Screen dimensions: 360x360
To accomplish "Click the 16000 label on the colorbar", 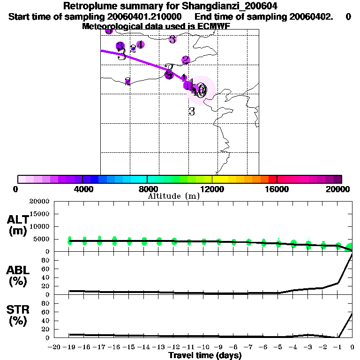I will [x=277, y=189].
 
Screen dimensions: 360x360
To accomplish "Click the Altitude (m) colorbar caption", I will [x=173, y=196].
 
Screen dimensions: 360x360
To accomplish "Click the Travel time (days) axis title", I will [x=205, y=355].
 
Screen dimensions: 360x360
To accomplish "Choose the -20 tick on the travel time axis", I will [x=55, y=347].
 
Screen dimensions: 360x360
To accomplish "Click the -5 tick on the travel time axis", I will [x=278, y=347].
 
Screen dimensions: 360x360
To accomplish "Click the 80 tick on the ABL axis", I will [x=45, y=260].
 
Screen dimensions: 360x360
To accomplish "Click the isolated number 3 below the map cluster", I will [x=191, y=112].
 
